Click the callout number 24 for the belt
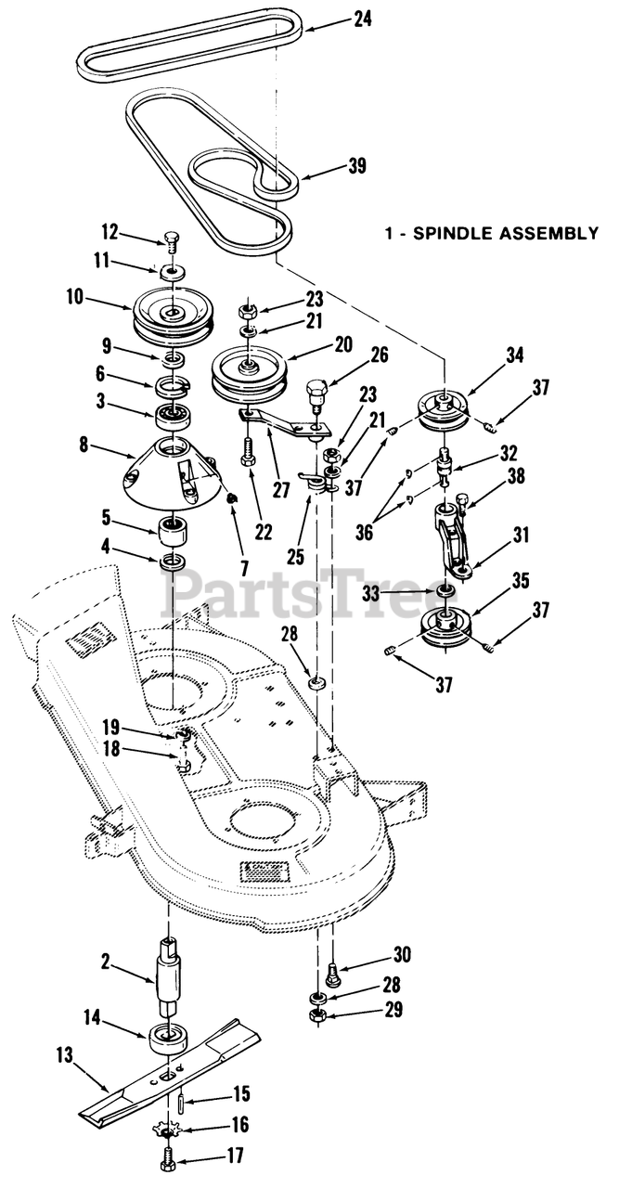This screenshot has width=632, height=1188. [362, 18]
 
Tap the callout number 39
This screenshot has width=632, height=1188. [356, 166]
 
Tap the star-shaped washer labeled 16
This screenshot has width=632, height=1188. [168, 1131]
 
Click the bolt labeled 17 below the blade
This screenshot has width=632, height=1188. [168, 1159]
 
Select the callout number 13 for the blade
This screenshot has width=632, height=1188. [64, 1054]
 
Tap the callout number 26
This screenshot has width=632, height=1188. [379, 355]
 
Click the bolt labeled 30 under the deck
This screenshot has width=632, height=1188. [332, 975]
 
